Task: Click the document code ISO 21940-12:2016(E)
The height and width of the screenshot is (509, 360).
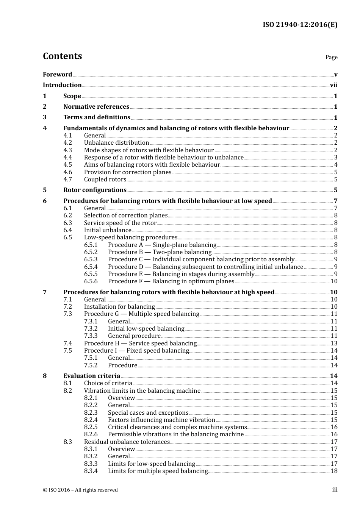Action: pyautogui.click(x=300, y=25)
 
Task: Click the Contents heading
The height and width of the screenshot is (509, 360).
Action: pyautogui.click(x=62, y=56)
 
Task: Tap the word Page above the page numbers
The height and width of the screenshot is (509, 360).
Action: pyautogui.click(x=331, y=57)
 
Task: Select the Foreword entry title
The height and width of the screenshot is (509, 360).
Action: pyautogui.click(x=57, y=75)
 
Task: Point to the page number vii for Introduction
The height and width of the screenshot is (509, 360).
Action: pyautogui.click(x=333, y=85)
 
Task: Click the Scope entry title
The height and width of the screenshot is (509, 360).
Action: pyautogui.click(x=72, y=96)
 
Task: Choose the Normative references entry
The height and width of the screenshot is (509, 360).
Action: pyautogui.click(x=96, y=107)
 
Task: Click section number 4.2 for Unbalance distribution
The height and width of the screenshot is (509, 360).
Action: pyautogui.click(x=67, y=143)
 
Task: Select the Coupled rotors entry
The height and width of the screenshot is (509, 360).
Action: pyautogui.click(x=105, y=180)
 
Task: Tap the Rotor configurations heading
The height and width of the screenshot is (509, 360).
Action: pyautogui.click(x=95, y=190)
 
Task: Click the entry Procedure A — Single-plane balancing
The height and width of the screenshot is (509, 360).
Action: pyautogui.click(x=162, y=245)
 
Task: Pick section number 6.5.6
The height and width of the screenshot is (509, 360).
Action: pyautogui.click(x=91, y=281)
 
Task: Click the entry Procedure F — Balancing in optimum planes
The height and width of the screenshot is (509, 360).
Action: pyautogui.click(x=171, y=281)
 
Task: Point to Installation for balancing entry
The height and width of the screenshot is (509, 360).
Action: pyautogui.click(x=119, y=307)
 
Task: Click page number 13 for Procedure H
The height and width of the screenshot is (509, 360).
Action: pyautogui.click(x=334, y=343)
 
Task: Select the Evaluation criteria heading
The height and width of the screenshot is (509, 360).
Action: pyautogui.click(x=92, y=376)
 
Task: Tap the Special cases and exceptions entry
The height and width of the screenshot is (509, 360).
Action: pyautogui.click(x=148, y=413)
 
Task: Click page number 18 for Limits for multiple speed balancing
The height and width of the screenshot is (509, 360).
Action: pyautogui.click(x=334, y=471)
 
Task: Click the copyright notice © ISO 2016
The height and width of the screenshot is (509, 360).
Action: pyautogui.click(x=80, y=490)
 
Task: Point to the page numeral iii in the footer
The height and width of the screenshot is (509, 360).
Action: pyautogui.click(x=335, y=490)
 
